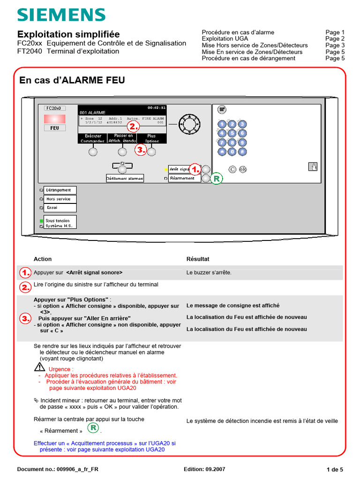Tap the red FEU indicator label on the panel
(x=54, y=127)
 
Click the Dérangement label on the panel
(x=60, y=190)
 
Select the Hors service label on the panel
(x=59, y=199)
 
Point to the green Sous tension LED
(x=41, y=220)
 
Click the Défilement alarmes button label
(x=125, y=179)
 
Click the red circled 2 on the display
(x=134, y=126)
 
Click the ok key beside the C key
(x=243, y=169)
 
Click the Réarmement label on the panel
(x=184, y=179)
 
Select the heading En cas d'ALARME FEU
(x=72, y=81)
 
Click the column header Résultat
(x=198, y=259)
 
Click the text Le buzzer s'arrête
(x=209, y=272)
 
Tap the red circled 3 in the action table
(x=25, y=319)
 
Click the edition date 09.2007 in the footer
(x=216, y=469)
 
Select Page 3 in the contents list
(x=335, y=45)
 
